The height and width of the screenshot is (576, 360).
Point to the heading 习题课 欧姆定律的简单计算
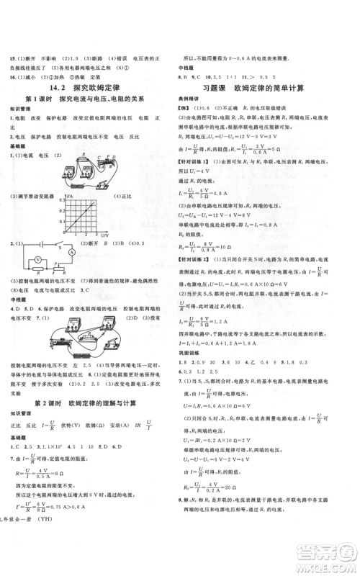click(266, 88)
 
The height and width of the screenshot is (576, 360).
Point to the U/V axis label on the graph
click(105, 235)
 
